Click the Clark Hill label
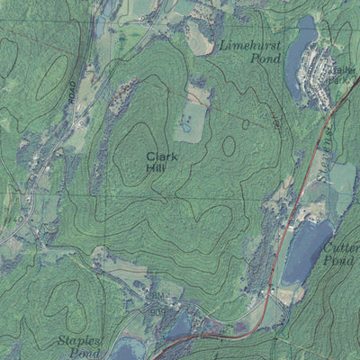click(162, 162)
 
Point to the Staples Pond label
click(82, 346)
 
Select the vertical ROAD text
click(72, 91)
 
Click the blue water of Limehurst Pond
click(300, 67)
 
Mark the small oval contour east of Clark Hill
click(229, 145)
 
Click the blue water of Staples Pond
click(126, 349)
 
